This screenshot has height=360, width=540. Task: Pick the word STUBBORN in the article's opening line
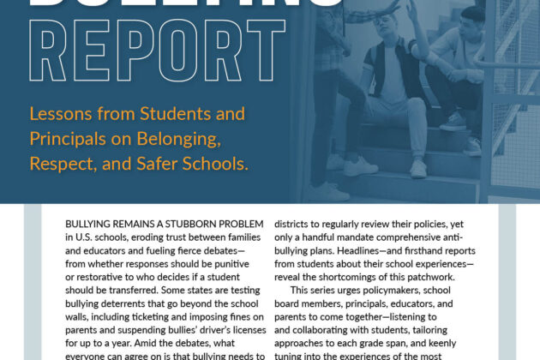coord(177,224)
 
